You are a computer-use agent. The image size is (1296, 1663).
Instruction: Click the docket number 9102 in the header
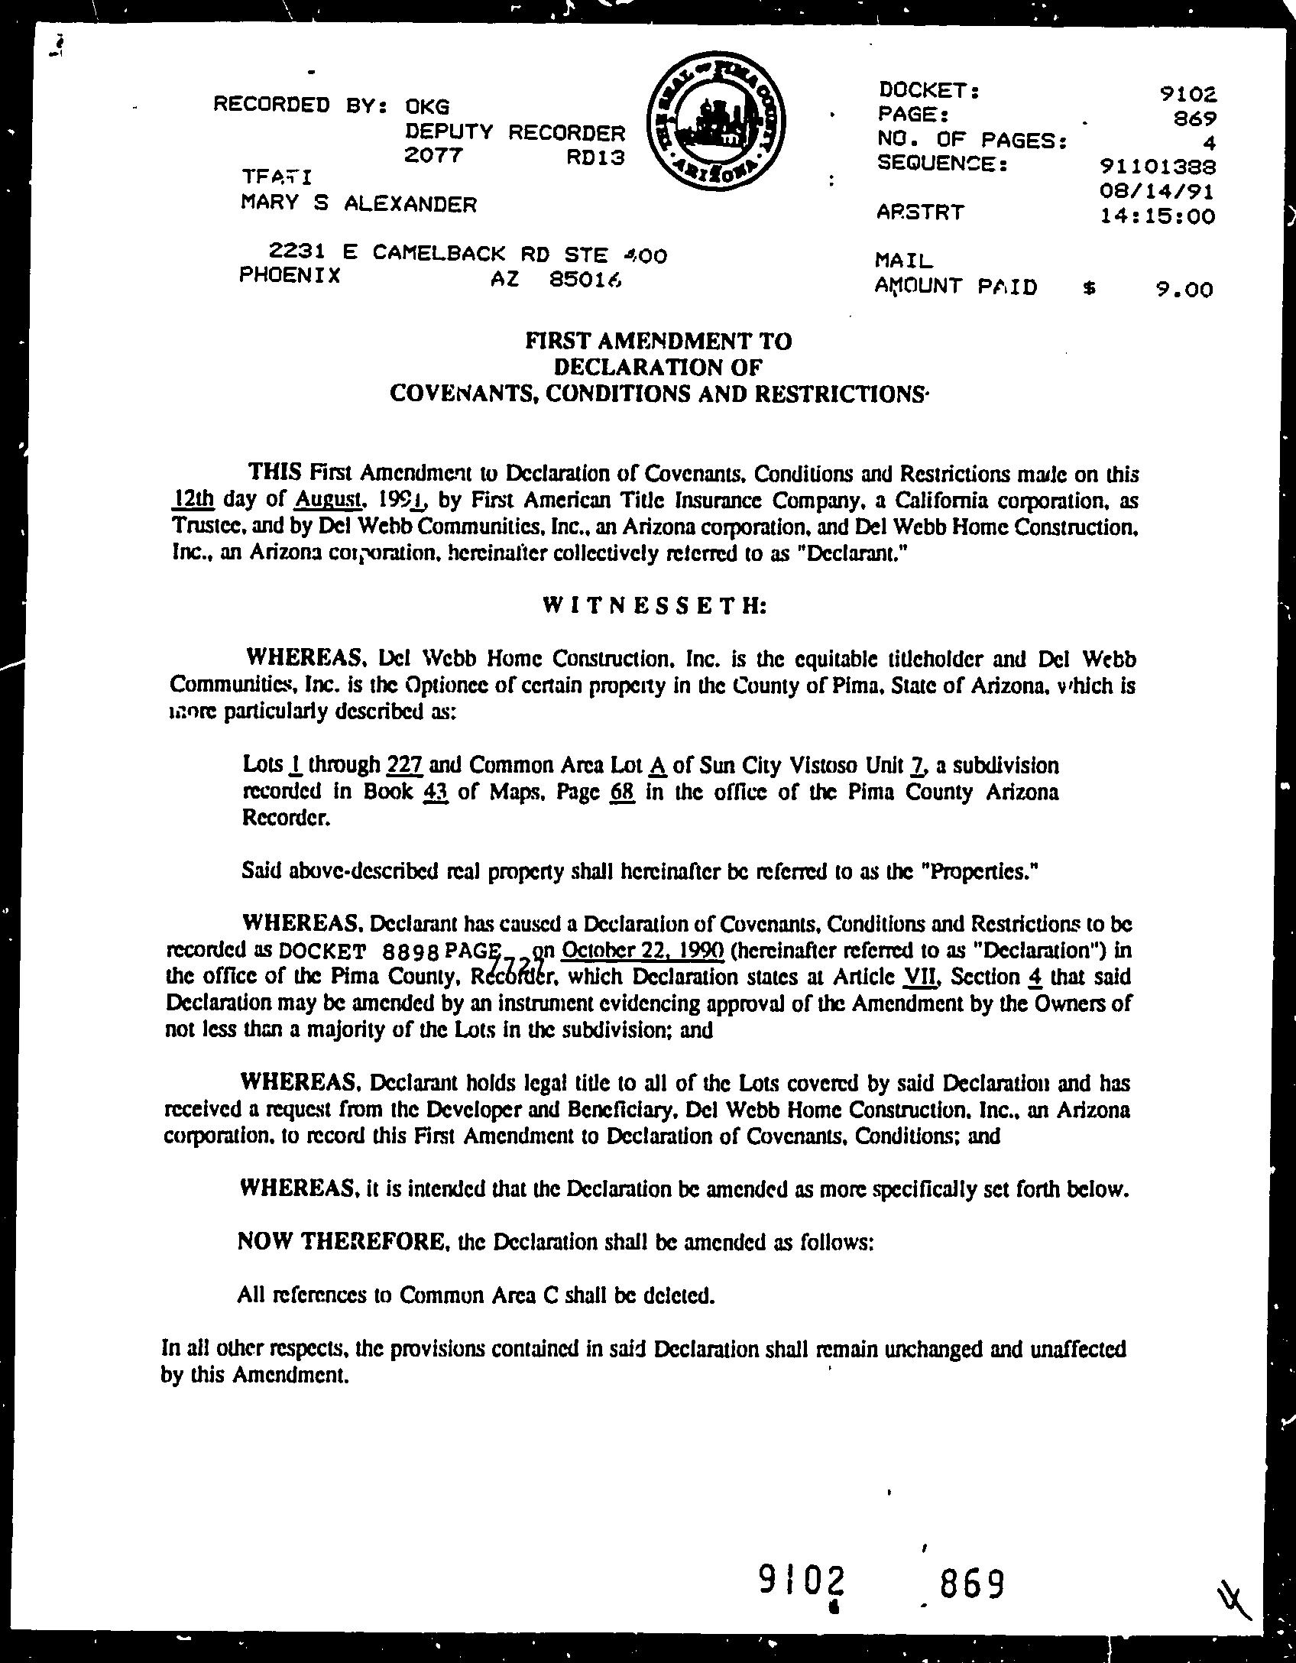[1187, 95]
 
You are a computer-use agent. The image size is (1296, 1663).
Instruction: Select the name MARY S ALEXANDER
[358, 204]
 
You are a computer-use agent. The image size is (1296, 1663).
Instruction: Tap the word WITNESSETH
[654, 606]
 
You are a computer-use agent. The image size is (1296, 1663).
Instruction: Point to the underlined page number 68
[623, 792]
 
